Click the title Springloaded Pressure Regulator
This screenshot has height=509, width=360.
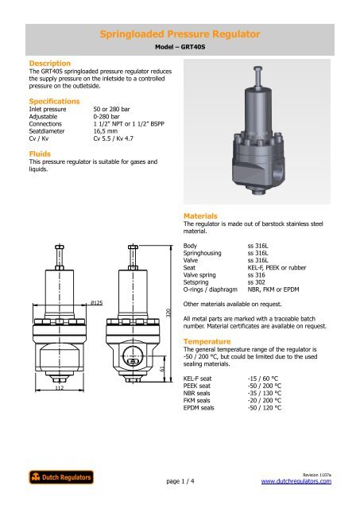pyautogui.click(x=180, y=34)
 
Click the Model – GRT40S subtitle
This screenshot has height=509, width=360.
pyautogui.click(x=180, y=48)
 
